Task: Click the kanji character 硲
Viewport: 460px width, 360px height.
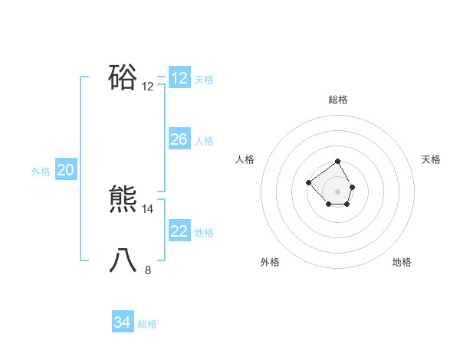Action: pyautogui.click(x=123, y=77)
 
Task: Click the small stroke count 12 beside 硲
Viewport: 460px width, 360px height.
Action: pyautogui.click(x=148, y=87)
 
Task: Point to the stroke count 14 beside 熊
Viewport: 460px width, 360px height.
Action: pyautogui.click(x=148, y=208)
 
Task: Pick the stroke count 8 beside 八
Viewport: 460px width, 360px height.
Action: pyautogui.click(x=148, y=270)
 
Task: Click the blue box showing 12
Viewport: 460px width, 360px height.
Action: pyautogui.click(x=179, y=78)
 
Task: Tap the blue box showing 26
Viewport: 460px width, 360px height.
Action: pyautogui.click(x=179, y=139)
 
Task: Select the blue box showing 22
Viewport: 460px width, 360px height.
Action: pyautogui.click(x=179, y=231)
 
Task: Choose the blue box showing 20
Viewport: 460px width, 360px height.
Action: pyautogui.click(x=66, y=171)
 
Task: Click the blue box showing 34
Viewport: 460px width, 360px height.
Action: pyautogui.click(x=123, y=322)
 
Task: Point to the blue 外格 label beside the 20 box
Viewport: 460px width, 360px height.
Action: pyautogui.click(x=41, y=172)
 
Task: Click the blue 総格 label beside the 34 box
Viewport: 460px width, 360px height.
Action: pyautogui.click(x=147, y=324)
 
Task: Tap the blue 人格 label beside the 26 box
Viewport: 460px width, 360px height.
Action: pyautogui.click(x=204, y=141)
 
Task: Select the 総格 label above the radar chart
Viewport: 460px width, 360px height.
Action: pyautogui.click(x=338, y=100)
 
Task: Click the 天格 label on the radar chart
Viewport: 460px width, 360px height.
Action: pyautogui.click(x=431, y=159)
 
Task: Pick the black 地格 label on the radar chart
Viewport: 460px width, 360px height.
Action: pyautogui.click(x=402, y=262)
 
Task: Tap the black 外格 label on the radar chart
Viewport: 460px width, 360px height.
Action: pyautogui.click(x=270, y=262)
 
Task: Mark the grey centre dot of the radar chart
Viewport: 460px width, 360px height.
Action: pyautogui.click(x=338, y=191)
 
